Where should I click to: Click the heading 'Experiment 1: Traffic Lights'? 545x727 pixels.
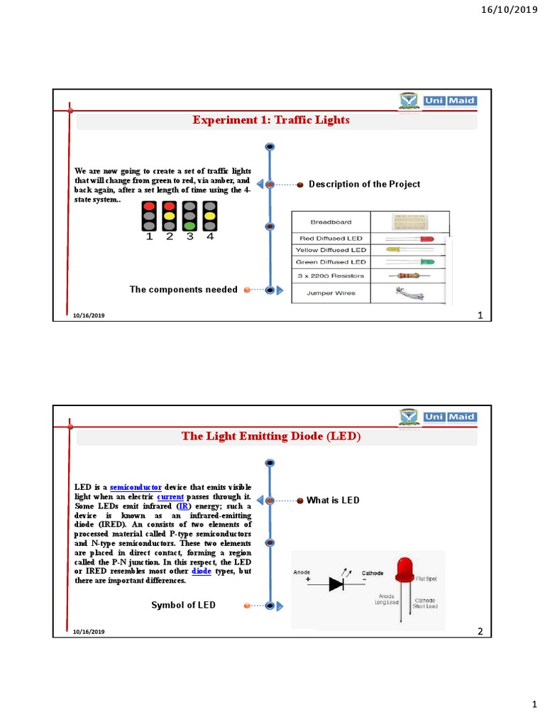(271, 120)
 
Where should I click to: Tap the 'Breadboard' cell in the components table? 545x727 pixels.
(331, 222)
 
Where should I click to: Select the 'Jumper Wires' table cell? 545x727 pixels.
(331, 293)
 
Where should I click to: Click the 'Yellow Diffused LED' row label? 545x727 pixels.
(331, 250)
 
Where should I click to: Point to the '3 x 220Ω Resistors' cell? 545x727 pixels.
(331, 275)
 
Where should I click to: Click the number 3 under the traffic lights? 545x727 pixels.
(190, 237)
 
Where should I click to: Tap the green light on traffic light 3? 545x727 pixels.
(190, 224)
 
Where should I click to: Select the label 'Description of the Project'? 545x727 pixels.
(364, 185)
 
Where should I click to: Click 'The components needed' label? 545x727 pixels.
(183, 290)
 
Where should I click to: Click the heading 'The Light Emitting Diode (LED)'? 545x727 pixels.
(271, 437)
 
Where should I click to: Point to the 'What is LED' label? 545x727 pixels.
(333, 501)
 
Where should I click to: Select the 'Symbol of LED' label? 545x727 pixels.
(183, 605)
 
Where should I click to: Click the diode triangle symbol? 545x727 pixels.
(337, 584)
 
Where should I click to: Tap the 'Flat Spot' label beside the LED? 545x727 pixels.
(426, 580)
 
